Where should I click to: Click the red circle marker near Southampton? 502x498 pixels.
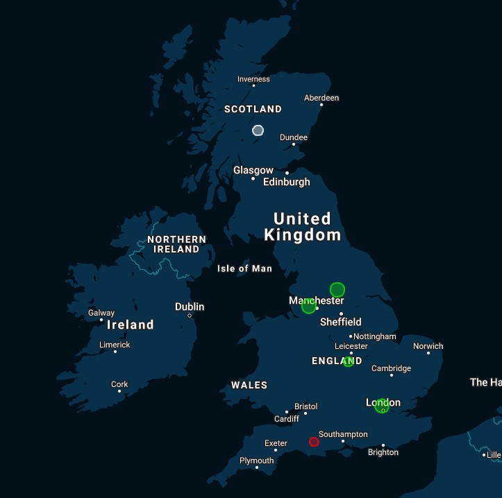[x=314, y=442]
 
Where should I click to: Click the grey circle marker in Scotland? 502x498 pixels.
[x=258, y=130]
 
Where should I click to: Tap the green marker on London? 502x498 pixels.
[x=381, y=406]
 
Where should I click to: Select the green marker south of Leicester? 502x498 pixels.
[x=348, y=362]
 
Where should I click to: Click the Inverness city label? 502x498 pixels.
[x=253, y=79]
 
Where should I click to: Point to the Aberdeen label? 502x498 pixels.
[x=321, y=98]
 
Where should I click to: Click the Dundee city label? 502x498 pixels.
[x=293, y=137]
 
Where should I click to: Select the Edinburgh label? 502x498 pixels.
[x=286, y=182]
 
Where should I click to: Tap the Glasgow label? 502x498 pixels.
[x=253, y=170]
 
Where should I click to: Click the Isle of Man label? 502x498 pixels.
[x=244, y=268]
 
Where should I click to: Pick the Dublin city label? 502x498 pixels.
[x=190, y=307]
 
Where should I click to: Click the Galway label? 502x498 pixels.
[x=101, y=313]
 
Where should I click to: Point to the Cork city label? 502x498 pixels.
[x=119, y=384]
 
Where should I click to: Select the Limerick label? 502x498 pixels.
[x=115, y=345]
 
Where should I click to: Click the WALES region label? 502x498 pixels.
[x=249, y=385]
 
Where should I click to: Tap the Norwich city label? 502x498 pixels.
[x=428, y=346]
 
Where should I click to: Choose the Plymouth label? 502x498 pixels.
[x=256, y=461]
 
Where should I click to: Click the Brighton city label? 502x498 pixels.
[x=383, y=452]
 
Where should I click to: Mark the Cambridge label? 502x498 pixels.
[x=391, y=368]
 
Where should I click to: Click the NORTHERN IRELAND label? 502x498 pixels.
[x=176, y=244]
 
